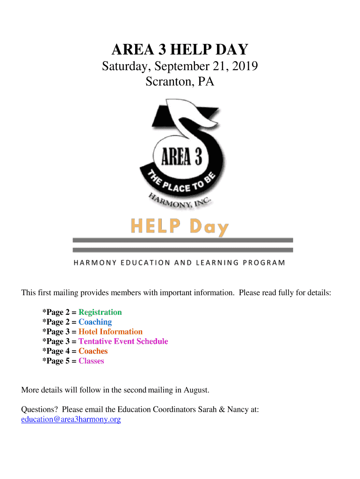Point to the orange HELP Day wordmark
coord(180,228)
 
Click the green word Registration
coord(100,312)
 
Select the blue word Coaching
coord(95,322)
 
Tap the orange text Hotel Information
coord(110,332)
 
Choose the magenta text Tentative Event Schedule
coord(123,341)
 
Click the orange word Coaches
coord(93,351)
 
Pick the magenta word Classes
coord(91,361)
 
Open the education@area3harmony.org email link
coord(71,420)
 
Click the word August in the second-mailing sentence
coord(195,390)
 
